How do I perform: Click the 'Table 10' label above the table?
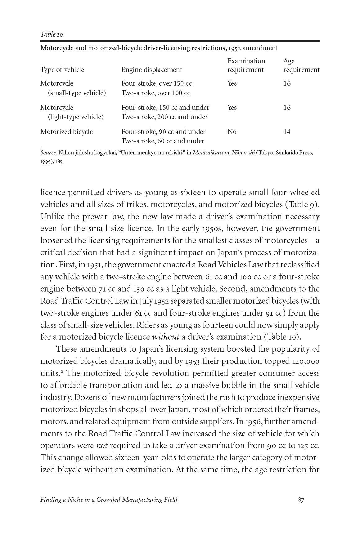pyautogui.click(x=52, y=34)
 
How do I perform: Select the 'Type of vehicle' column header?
pyautogui.click(x=62, y=70)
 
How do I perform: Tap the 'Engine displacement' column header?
pyautogui.click(x=151, y=70)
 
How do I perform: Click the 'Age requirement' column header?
pyautogui.click(x=301, y=65)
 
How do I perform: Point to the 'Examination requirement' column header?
pyautogui.click(x=246, y=65)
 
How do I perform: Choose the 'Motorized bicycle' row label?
pyautogui.click(x=66, y=132)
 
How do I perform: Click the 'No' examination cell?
pyautogui.click(x=232, y=132)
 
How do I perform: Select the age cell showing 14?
pyautogui.click(x=287, y=132)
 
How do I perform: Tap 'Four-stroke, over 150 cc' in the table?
pyautogui.click(x=156, y=83)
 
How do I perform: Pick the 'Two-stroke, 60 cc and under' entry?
pyautogui.click(x=163, y=141)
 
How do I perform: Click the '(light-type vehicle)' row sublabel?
pyautogui.click(x=75, y=117)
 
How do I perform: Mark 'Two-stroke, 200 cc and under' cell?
pyautogui.click(x=164, y=117)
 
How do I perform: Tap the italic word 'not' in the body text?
pyautogui.click(x=102, y=446)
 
